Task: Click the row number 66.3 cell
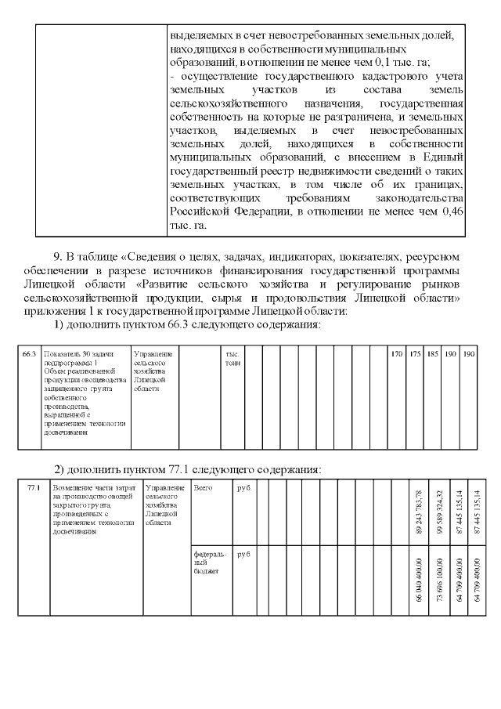(30, 354)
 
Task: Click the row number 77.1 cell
(33, 488)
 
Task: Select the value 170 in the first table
(397, 354)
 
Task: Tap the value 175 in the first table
(416, 354)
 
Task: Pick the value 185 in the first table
(433, 354)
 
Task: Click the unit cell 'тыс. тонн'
(232, 359)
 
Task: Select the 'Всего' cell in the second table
(202, 488)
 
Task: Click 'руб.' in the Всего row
(243, 488)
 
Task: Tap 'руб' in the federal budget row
(243, 554)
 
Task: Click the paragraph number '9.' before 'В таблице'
(58, 256)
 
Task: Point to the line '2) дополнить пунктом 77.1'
(187, 469)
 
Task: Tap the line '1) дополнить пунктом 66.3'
(187, 325)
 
